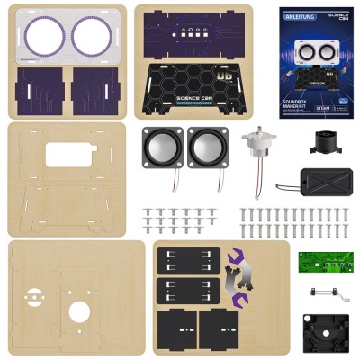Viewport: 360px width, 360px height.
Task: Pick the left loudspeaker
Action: coord(160,147)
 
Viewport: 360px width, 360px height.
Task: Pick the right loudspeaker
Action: coord(207,147)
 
